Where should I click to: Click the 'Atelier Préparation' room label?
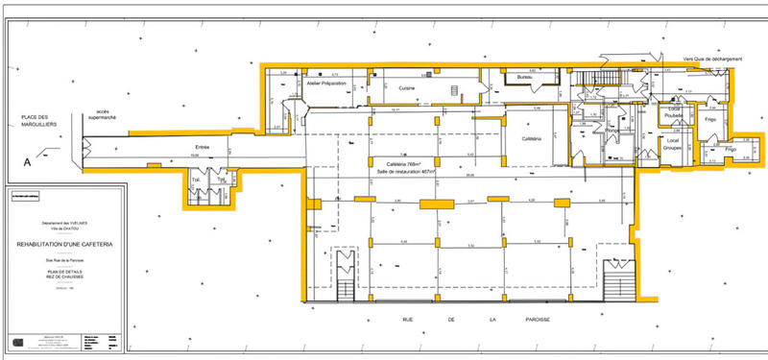pos(326,84)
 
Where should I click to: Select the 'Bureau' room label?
pos(524,77)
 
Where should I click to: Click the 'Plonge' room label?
pos(612,131)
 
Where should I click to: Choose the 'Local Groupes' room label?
pos(672,146)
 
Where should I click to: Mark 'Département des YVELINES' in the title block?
pos(63,224)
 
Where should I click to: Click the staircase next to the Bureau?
pos(608,78)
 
